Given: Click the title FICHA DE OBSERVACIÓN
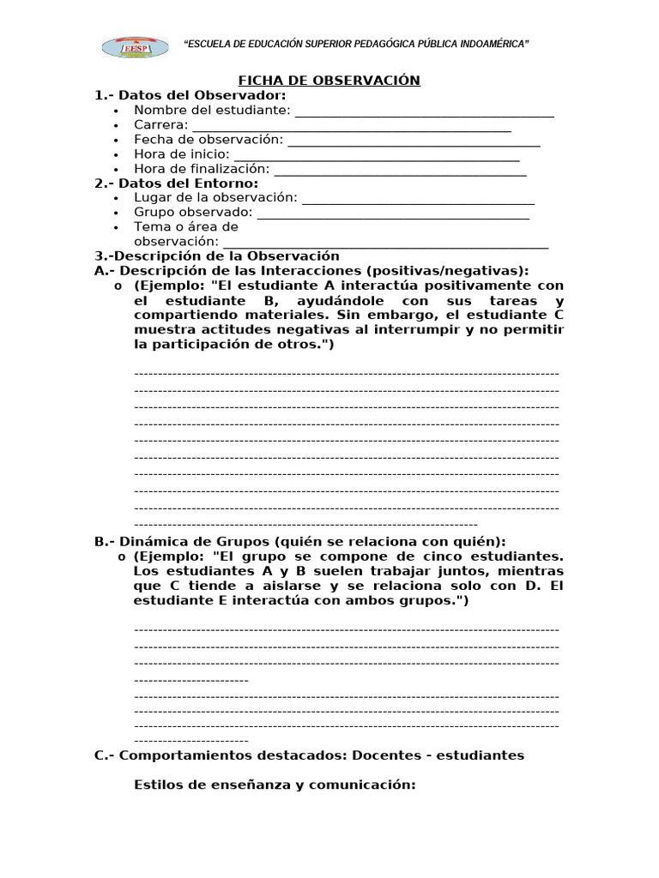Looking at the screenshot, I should (x=329, y=81).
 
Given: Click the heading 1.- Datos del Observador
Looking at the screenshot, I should (x=190, y=95).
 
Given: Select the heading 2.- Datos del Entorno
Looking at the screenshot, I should (x=176, y=183).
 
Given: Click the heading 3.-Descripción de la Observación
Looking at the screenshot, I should (x=217, y=256).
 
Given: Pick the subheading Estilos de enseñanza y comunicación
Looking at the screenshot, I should (x=275, y=785).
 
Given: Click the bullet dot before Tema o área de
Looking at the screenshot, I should (x=116, y=228).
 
